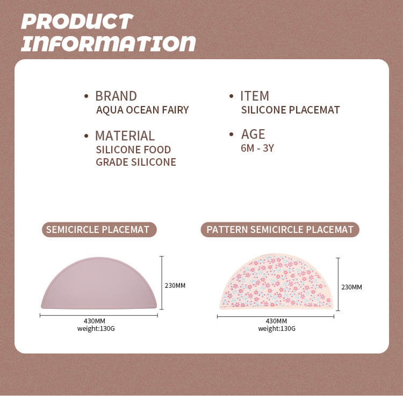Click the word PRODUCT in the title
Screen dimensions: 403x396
click(x=77, y=22)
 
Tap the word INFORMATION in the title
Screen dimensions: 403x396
click(x=109, y=43)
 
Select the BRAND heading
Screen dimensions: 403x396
click(x=116, y=96)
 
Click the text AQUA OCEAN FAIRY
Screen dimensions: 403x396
click(x=142, y=110)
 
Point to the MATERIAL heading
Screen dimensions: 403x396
click(x=125, y=136)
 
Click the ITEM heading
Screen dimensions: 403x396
click(x=255, y=96)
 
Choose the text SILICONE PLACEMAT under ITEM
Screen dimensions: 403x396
click(x=290, y=110)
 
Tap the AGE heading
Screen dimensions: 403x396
click(x=253, y=134)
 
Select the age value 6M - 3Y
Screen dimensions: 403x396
click(x=257, y=148)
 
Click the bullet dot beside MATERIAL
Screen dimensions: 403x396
click(x=87, y=136)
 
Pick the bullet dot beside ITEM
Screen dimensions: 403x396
click(x=231, y=96)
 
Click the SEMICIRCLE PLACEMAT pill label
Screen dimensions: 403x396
click(x=99, y=230)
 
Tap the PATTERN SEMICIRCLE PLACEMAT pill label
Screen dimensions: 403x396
click(x=280, y=230)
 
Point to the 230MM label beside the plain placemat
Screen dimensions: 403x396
click(x=175, y=285)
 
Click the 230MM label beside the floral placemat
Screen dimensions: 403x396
click(x=351, y=287)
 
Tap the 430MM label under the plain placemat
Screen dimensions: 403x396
click(x=95, y=321)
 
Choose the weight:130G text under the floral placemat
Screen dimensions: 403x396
click(x=277, y=329)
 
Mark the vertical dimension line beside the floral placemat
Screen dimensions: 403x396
click(x=338, y=284)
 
